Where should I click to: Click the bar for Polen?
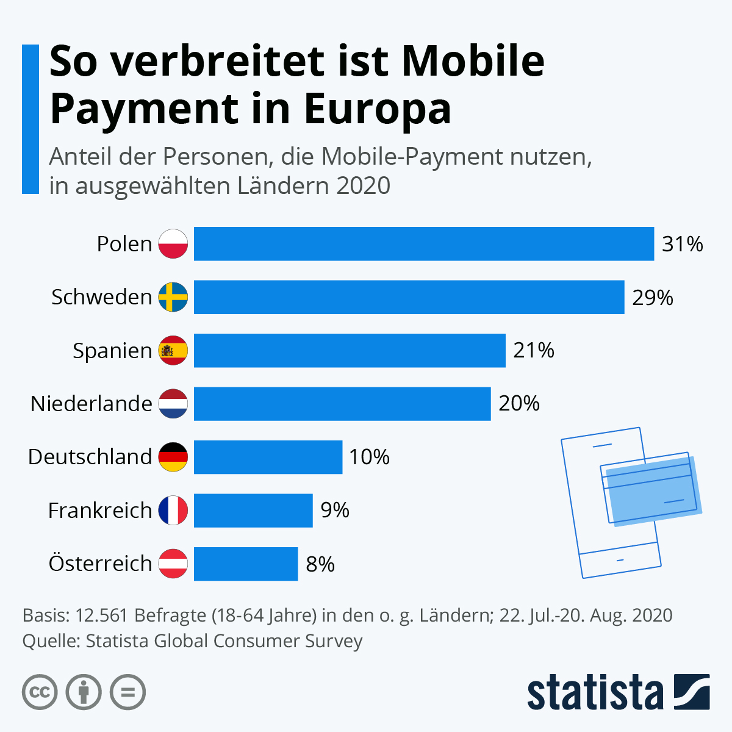click(424, 244)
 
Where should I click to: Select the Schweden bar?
click(409, 297)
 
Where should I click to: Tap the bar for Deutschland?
click(268, 457)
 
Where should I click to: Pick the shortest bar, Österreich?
click(246, 564)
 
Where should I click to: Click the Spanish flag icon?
click(173, 351)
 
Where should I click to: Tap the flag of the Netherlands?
click(173, 404)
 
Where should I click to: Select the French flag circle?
click(173, 510)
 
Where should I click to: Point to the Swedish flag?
click(173, 297)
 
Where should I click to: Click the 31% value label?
click(683, 244)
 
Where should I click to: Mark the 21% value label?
click(534, 351)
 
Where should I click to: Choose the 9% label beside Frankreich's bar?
click(335, 510)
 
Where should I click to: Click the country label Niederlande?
click(91, 404)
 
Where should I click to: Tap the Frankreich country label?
click(100, 510)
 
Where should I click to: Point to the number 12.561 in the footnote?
click(102, 615)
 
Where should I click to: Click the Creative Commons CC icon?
click(40, 692)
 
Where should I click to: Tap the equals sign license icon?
click(127, 692)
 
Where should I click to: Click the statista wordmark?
click(595, 692)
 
